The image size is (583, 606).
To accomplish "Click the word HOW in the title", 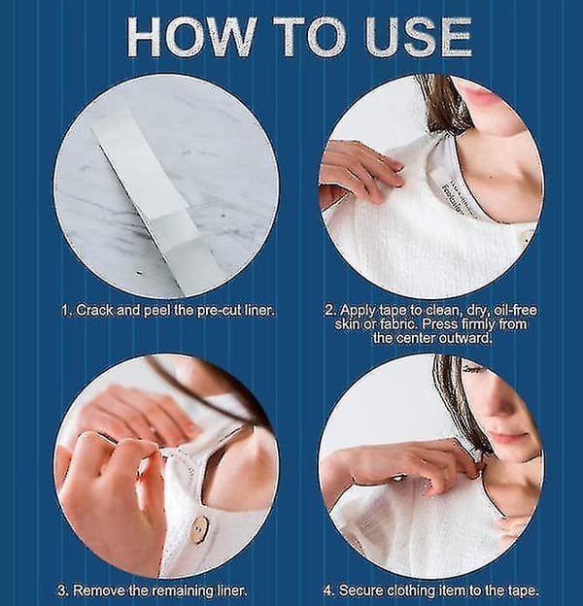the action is [x=191, y=38].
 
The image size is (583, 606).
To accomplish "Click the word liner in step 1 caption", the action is [x=259, y=311].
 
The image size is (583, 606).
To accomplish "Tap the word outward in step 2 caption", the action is [x=466, y=338].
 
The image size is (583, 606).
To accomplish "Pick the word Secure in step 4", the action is [x=361, y=590].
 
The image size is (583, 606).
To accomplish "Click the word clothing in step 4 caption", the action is [x=411, y=590].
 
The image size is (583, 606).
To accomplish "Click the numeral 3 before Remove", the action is [x=63, y=590].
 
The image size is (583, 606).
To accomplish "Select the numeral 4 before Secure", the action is [x=328, y=590].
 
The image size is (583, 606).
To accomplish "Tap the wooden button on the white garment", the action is [x=200, y=527].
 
